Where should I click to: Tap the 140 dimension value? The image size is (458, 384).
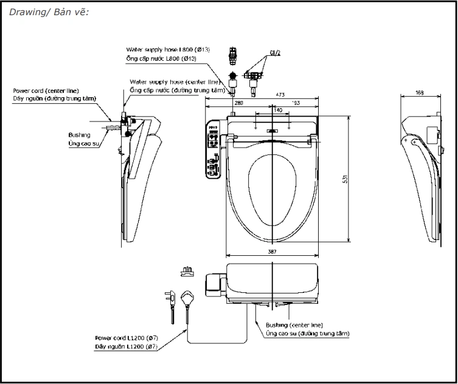(277, 110)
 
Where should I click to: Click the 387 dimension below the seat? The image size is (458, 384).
(272, 252)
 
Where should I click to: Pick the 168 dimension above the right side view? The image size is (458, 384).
(420, 93)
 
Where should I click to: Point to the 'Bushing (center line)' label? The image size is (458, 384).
(293, 325)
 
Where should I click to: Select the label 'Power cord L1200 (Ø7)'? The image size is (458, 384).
(127, 338)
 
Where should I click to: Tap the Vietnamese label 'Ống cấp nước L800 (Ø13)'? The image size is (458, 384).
(161, 58)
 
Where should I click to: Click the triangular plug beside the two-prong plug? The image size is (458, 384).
(188, 298)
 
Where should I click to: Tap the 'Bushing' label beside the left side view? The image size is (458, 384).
(80, 135)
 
